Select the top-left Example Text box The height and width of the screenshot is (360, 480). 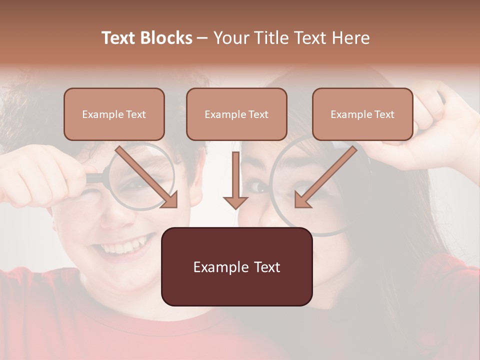(114, 114)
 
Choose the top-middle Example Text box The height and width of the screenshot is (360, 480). (236, 114)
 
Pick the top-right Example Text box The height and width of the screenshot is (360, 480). (362, 114)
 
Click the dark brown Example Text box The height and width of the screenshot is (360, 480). (236, 267)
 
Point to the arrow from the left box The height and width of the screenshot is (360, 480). (147, 177)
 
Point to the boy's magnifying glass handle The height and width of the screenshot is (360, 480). (95, 177)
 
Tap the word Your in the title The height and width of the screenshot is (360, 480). (230, 38)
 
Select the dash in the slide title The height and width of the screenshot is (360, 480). (202, 38)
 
